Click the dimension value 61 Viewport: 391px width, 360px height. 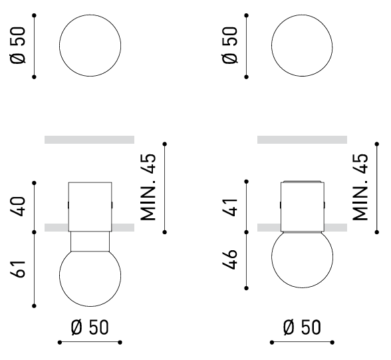point(18,270)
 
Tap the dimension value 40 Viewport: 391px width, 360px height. point(18,206)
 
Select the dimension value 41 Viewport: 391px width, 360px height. point(229,206)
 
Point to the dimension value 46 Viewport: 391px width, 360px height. point(229,260)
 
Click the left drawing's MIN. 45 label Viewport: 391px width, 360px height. point(148,188)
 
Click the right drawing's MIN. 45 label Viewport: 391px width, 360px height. point(360,188)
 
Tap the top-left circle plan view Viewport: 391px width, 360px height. point(90,15)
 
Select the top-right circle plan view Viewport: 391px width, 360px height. point(302,15)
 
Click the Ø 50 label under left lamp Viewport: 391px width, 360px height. point(90,327)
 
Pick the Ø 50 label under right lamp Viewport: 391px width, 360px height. point(302,327)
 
